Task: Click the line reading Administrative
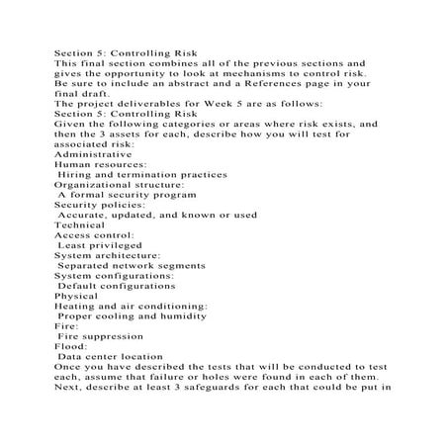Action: [x=92, y=154]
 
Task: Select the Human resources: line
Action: [x=100, y=164]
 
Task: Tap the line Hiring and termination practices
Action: [x=142, y=174]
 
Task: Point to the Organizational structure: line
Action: [x=119, y=185]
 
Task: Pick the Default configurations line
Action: [x=117, y=286]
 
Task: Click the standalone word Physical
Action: [x=76, y=296]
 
